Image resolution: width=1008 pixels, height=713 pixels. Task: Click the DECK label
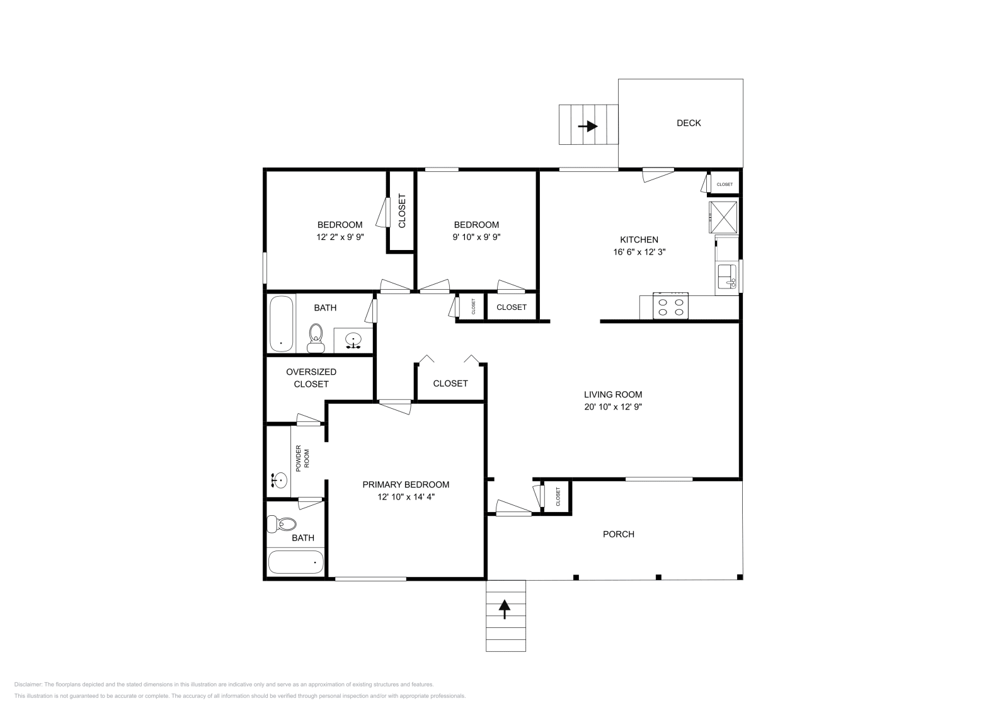[x=688, y=123]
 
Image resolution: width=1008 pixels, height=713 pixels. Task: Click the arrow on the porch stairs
[x=505, y=608]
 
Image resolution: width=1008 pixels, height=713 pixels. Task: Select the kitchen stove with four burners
[x=670, y=307]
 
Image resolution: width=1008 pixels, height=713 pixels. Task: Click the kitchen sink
[x=726, y=276]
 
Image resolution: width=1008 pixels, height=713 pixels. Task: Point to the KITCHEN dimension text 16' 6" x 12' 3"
[x=639, y=251]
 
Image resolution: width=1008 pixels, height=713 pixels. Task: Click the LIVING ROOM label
[x=612, y=394]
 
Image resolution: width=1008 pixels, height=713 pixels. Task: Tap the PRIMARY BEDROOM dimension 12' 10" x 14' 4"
[x=406, y=496]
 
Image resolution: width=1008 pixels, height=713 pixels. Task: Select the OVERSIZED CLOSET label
[x=311, y=378]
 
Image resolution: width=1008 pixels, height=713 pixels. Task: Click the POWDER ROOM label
[x=303, y=458]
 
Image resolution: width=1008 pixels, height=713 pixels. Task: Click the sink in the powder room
[x=278, y=481]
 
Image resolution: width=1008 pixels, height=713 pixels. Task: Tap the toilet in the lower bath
[x=283, y=523]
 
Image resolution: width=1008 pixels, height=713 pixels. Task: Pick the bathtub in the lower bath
[x=295, y=561]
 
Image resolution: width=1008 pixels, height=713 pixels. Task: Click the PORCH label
[x=618, y=534]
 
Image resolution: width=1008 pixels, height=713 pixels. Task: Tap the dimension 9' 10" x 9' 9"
[x=476, y=237]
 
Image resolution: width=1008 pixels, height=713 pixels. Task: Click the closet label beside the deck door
[x=724, y=185]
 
